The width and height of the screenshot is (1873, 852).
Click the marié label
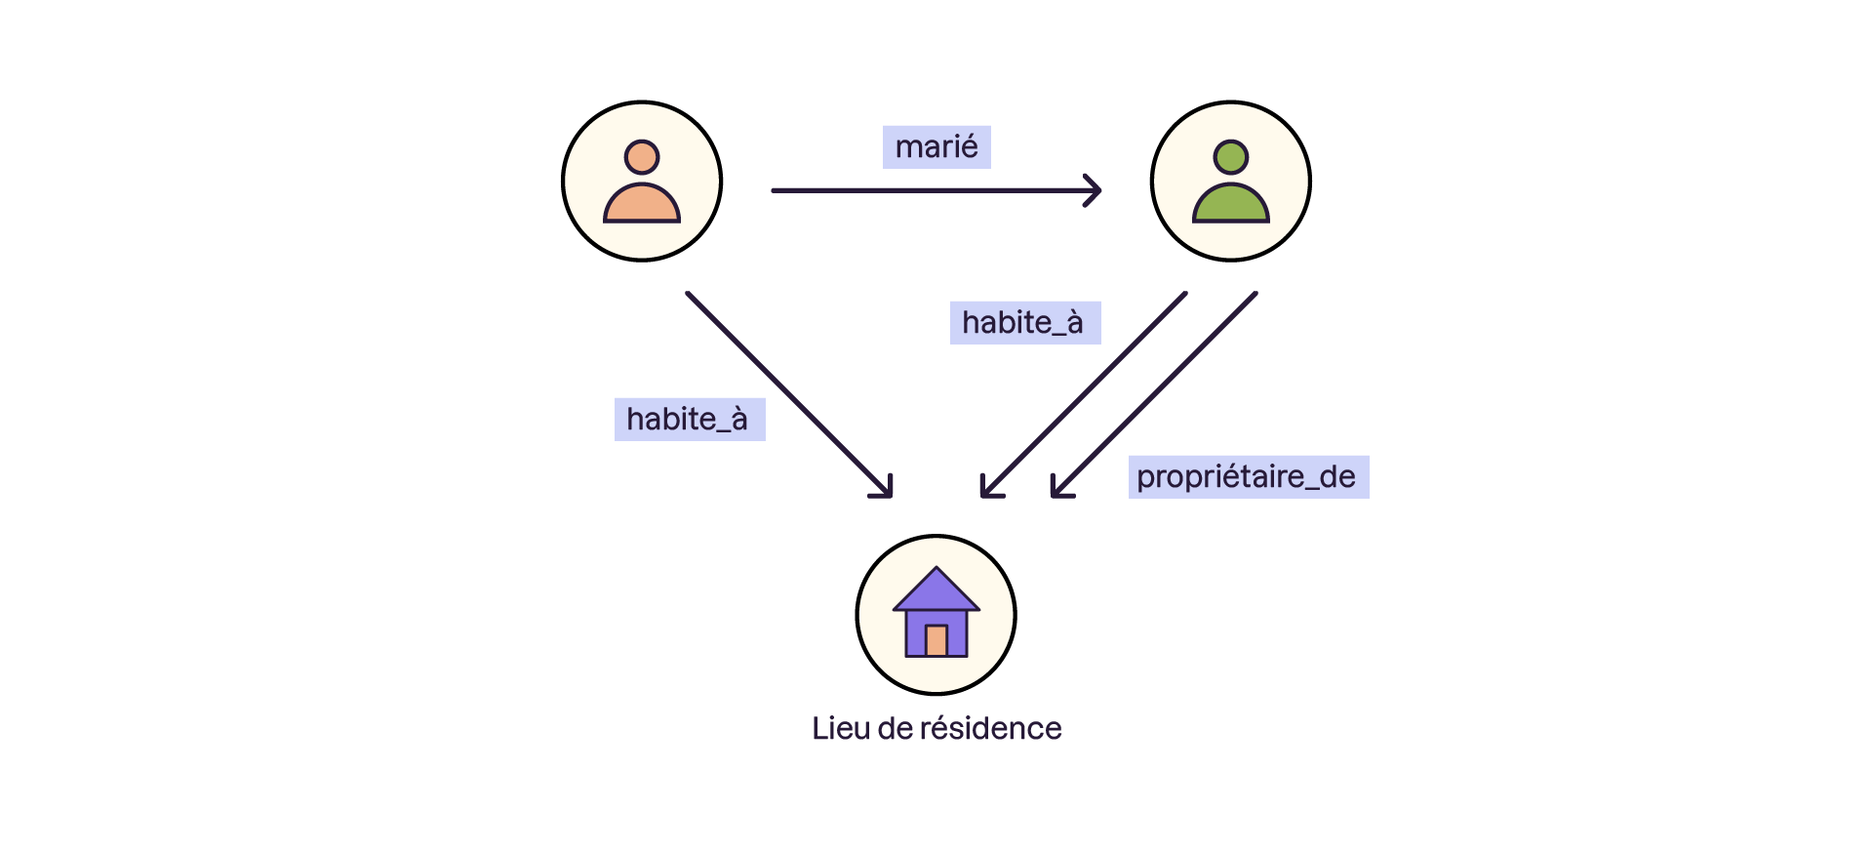(936, 147)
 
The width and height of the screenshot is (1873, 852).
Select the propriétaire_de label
(1248, 477)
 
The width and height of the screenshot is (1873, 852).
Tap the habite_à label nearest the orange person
(689, 420)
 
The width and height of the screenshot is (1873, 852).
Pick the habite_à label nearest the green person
(1024, 323)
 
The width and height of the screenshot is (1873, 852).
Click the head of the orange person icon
(642, 157)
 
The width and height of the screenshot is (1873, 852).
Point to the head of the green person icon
(1231, 157)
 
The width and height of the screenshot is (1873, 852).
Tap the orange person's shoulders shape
(642, 205)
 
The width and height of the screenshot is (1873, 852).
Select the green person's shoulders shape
(1231, 205)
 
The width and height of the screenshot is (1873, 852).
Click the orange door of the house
(936, 640)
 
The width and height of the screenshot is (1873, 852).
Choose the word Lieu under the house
(840, 729)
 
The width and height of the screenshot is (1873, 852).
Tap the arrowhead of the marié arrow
(1096, 190)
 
